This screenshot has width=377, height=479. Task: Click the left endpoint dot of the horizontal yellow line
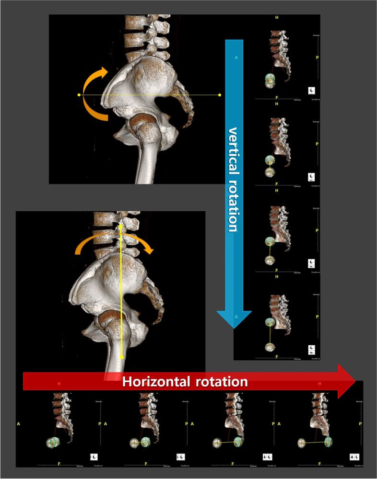[x=79, y=95]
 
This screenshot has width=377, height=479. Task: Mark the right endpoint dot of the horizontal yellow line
[x=220, y=95]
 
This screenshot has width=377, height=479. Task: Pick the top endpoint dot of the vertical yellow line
[x=121, y=224]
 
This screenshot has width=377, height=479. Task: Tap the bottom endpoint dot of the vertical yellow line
[x=121, y=356]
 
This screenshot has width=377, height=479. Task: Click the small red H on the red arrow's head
[x=320, y=384]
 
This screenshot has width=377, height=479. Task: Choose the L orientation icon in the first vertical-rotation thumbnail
[x=311, y=90]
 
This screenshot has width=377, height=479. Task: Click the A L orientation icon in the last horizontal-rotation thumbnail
[x=355, y=457]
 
